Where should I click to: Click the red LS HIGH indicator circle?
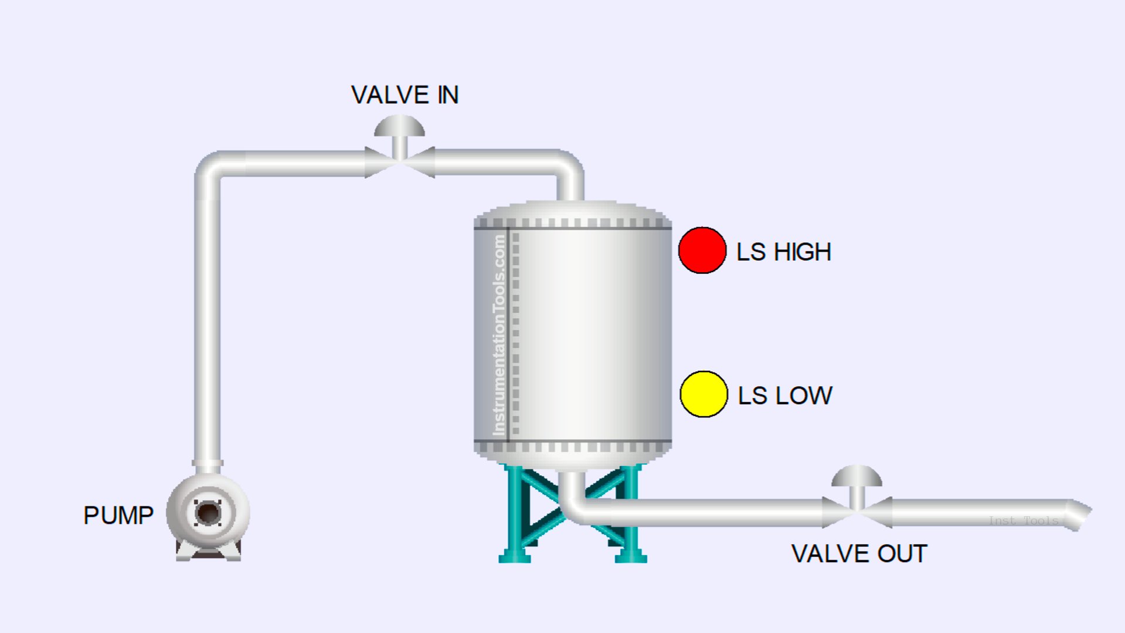702,251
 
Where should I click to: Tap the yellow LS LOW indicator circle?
703,394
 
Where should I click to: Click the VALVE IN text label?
405,95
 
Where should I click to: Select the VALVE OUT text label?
859,554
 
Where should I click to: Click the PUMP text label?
118,516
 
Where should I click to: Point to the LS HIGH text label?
783,252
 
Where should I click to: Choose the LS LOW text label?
784,396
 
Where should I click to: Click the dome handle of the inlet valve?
399,126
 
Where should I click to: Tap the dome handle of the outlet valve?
857,476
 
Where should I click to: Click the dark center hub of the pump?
208,513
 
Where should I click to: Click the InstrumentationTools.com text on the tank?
499,334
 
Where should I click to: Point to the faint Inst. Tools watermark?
1023,520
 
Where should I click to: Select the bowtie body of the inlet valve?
399,163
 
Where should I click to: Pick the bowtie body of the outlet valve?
857,512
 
